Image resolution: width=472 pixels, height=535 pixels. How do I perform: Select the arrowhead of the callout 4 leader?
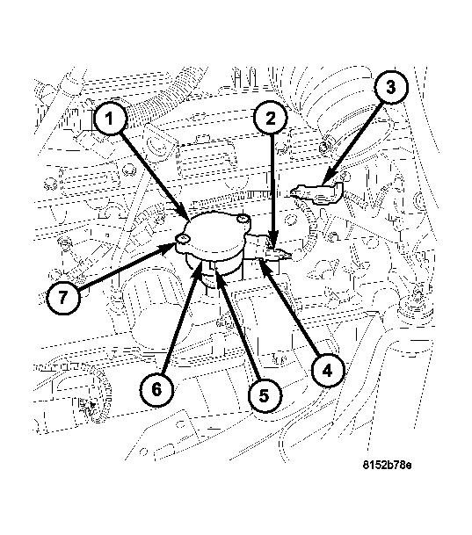(x=265, y=261)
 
